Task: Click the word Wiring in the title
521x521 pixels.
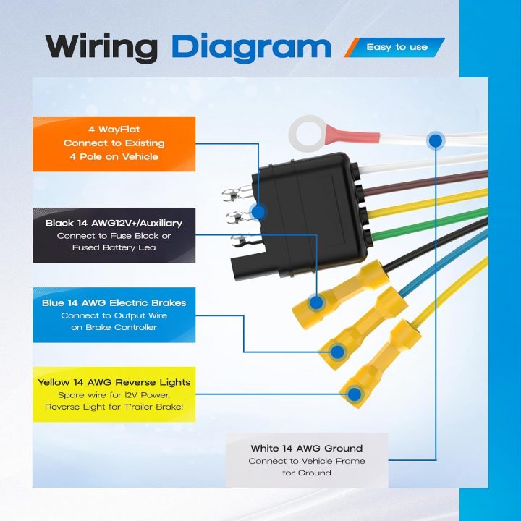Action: coord(101,48)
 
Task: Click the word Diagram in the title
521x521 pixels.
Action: coord(251,48)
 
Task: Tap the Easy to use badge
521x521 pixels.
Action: coord(395,47)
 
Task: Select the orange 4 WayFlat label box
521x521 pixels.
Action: coord(114,144)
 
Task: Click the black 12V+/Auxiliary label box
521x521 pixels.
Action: coord(114,235)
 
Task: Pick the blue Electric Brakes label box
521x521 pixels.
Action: coord(114,315)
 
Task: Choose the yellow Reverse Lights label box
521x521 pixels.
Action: coord(114,394)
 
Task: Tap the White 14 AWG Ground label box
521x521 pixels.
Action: coord(307,460)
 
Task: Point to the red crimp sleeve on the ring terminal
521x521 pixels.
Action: coord(352,135)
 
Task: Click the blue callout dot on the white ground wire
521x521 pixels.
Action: coord(436,141)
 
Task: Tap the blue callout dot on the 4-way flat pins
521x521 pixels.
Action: coord(258,211)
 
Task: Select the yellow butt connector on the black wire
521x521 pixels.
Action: coord(340,295)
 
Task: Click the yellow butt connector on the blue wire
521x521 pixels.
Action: coord(363,329)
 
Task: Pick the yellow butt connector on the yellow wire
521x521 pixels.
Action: coord(381,363)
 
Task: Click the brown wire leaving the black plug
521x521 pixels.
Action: coord(425,182)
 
